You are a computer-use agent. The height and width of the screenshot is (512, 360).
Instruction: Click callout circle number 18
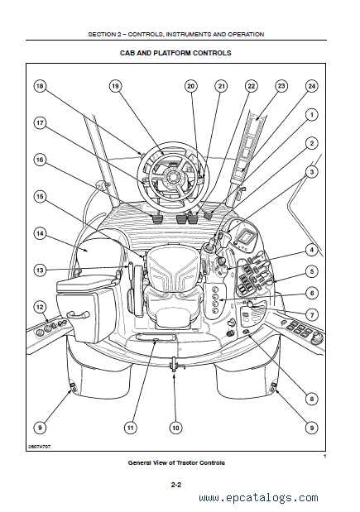pos(40,86)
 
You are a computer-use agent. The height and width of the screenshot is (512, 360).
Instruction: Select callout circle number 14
pos(40,233)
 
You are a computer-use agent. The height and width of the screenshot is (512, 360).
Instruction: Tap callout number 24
pos(312,86)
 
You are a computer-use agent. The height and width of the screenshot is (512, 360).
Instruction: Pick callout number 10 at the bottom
pos(175,428)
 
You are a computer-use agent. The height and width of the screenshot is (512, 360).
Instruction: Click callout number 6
pos(312,293)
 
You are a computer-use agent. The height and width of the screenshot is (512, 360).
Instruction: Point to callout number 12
pos(40,307)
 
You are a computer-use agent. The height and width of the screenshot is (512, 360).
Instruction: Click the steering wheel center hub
pos(172,176)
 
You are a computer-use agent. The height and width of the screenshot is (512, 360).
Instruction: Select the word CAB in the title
pos(127,53)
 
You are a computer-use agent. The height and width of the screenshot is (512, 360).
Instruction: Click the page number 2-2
pos(175,485)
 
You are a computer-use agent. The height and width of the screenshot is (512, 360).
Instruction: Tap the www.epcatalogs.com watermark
pos(258,498)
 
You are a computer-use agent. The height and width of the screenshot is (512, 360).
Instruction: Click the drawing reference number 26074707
pos(40,447)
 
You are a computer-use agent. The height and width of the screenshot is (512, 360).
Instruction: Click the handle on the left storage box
pos(78,314)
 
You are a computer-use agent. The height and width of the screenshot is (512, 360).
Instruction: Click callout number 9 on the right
pos(312,428)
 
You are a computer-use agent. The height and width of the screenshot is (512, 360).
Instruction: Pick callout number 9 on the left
pos(40,428)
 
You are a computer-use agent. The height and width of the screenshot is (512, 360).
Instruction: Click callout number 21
pos(222,86)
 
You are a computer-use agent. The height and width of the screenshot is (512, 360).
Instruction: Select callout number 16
pos(40,160)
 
